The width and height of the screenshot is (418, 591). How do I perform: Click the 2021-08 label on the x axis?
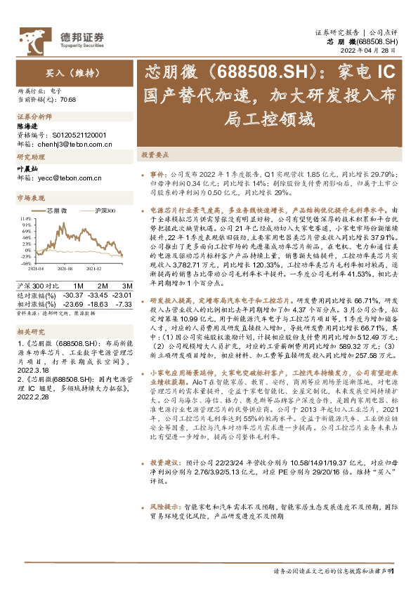click(x=65, y=268)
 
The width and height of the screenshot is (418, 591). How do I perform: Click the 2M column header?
click(x=102, y=286)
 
